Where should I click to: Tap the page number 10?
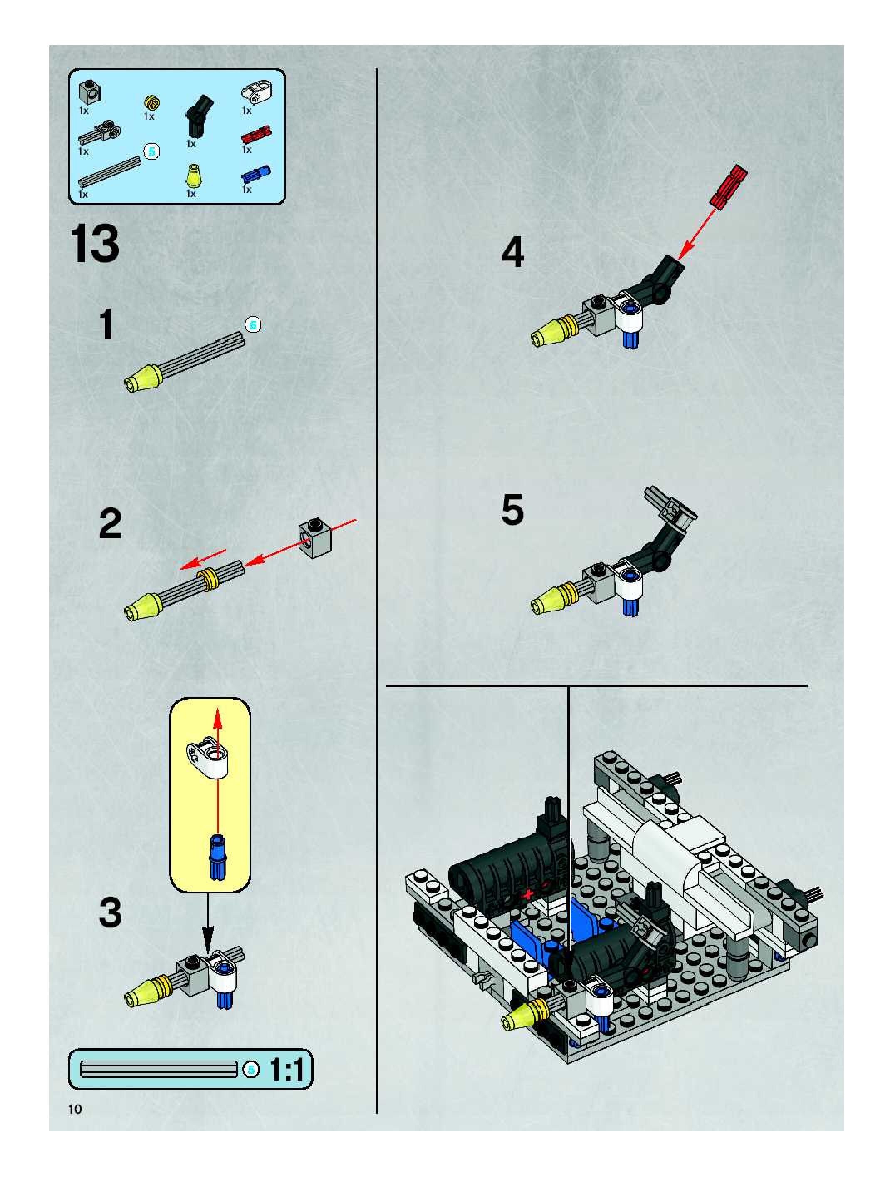pos(75,1109)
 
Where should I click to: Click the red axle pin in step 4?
pos(728,185)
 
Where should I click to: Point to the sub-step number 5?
pos(512,510)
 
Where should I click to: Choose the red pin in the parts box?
pos(256,134)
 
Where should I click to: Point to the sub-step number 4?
pos(512,253)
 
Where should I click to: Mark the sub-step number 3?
pos(110,912)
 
